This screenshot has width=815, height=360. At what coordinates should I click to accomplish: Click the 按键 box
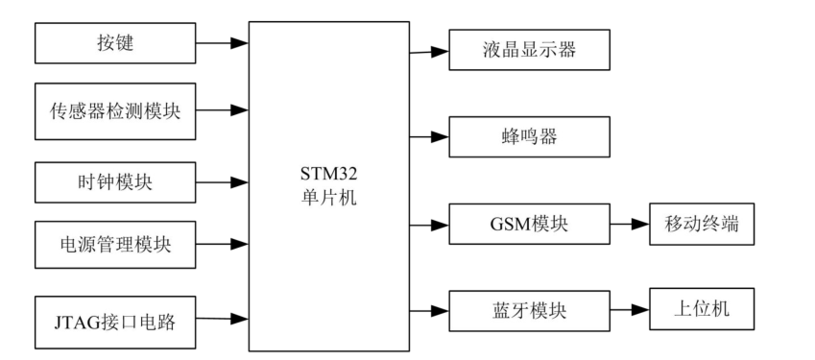[114, 43]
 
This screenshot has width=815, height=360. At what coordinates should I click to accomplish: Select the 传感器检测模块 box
[114, 109]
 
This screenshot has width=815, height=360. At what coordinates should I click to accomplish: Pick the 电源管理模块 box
[114, 244]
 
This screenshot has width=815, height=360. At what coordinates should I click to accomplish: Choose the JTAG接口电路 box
[114, 318]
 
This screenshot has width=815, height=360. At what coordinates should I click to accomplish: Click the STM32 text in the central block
[328, 175]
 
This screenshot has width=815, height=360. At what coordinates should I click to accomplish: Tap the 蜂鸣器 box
[529, 137]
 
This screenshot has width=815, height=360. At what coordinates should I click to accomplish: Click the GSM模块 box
[529, 226]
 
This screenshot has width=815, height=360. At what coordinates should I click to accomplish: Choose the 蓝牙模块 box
[529, 309]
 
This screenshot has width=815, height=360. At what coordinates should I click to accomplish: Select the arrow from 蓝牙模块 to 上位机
[629, 309]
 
